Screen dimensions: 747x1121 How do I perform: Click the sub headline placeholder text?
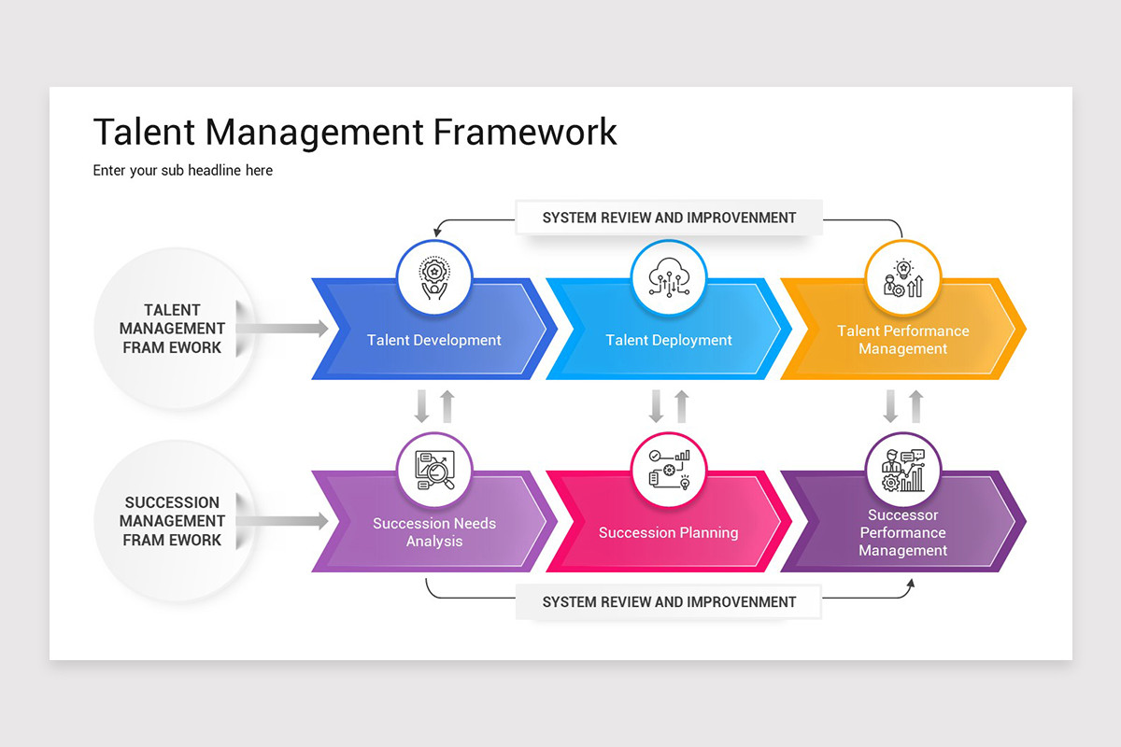183,171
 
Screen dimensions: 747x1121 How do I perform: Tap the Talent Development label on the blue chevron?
434,340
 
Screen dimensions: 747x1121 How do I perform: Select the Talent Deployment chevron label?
669,340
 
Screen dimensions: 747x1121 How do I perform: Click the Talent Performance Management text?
902,340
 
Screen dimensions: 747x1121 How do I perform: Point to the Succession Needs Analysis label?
434,532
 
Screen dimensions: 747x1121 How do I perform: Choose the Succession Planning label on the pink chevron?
669,532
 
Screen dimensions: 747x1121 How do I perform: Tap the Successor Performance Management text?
902,532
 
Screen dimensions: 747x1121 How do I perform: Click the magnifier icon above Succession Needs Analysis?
434,471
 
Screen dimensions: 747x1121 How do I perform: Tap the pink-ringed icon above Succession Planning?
669,471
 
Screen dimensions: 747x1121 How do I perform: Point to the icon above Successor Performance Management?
902,471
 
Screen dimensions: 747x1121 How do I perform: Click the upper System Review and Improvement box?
669,218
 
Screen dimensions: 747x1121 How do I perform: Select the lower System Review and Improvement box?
669,602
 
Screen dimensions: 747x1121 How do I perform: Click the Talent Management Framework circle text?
172,329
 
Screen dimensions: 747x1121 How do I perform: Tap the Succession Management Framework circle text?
172,521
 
